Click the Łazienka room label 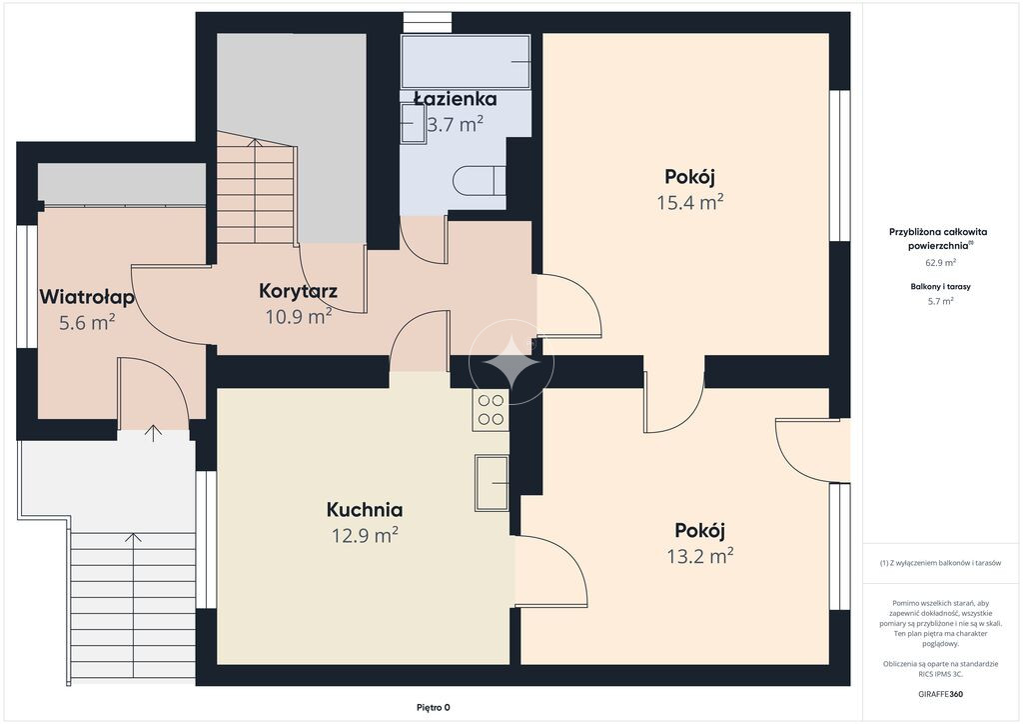[x=456, y=99]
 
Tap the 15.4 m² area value [x=690, y=202]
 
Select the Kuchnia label [x=364, y=509]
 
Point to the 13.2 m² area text [x=700, y=556]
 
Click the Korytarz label [x=298, y=291]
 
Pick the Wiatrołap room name [x=87, y=297]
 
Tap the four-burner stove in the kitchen [x=491, y=410]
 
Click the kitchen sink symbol [x=492, y=482]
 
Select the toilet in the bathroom [x=479, y=180]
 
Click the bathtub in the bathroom [x=466, y=62]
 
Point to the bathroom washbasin [x=413, y=123]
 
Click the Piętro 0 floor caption [x=434, y=707]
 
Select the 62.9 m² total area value [x=940, y=263]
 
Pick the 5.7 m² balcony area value [x=940, y=301]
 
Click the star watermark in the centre [x=511, y=361]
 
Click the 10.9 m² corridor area [x=298, y=317]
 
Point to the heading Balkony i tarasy [x=940, y=287]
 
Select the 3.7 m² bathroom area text [x=455, y=124]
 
